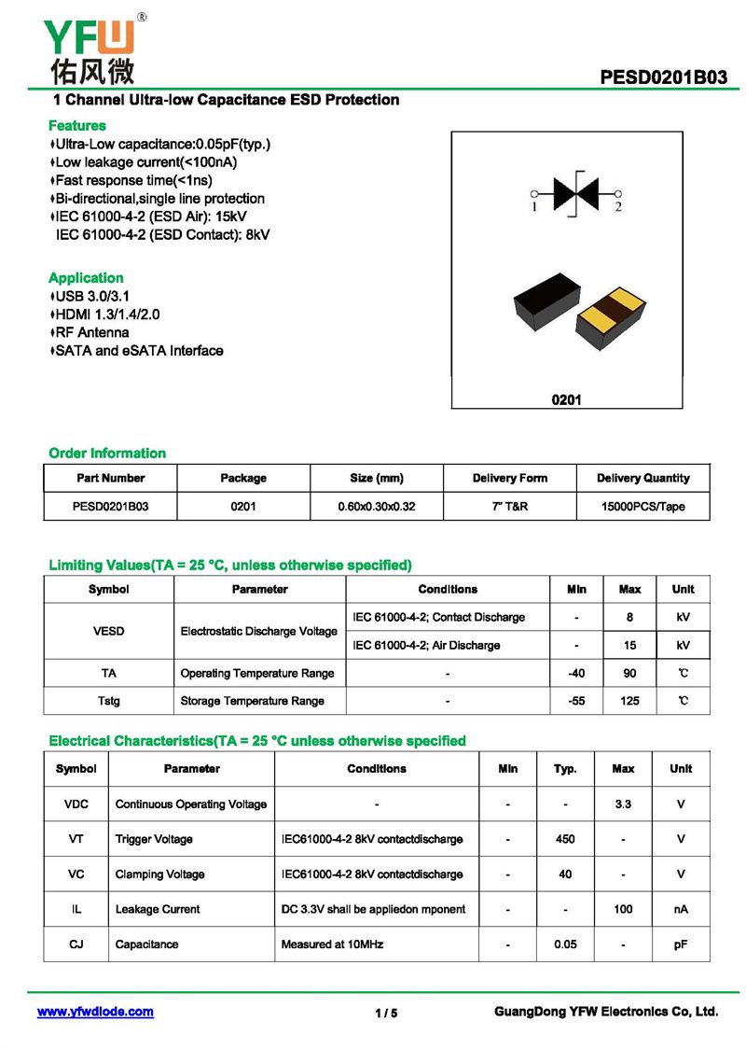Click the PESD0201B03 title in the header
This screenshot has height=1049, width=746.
click(664, 77)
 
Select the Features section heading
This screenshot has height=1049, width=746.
click(76, 125)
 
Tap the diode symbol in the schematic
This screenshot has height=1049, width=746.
click(576, 192)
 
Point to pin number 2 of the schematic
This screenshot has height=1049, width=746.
click(617, 207)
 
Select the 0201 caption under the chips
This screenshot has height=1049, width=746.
click(566, 399)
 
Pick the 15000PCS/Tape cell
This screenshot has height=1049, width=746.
click(642, 507)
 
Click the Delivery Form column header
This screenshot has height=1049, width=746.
click(509, 478)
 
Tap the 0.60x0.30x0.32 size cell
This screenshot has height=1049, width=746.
click(376, 507)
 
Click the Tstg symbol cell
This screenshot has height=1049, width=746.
click(109, 701)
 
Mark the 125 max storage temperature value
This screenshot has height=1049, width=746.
click(629, 701)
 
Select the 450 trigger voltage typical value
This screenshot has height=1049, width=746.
click(565, 839)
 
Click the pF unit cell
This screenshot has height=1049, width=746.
click(681, 944)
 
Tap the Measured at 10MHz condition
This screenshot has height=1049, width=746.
click(332, 944)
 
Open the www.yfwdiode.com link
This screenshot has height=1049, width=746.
click(95, 1012)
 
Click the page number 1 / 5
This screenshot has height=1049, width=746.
click(386, 1014)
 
